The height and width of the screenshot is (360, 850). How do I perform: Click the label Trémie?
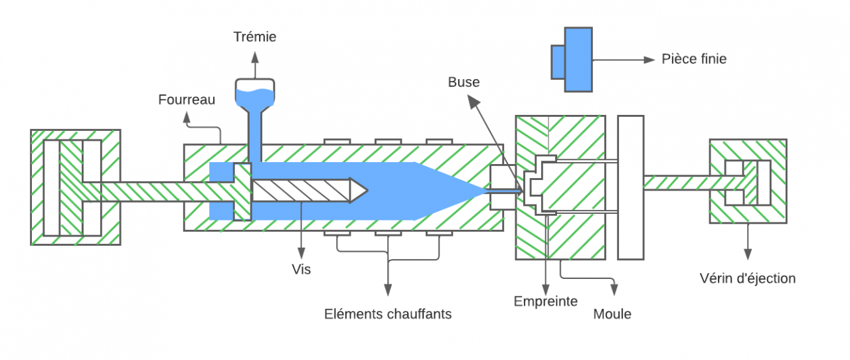point(255,37)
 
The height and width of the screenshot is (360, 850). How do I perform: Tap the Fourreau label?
point(187,100)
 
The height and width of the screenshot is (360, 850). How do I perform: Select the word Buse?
point(464,82)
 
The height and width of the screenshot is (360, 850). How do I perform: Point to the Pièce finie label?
point(694,59)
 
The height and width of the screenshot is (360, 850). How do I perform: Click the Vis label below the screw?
point(301,270)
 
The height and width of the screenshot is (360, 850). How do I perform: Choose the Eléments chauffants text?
point(388,314)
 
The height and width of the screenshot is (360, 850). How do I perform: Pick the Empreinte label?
point(546,301)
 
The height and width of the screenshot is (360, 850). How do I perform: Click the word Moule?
point(612,314)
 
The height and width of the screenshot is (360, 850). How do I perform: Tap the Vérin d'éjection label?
point(748,278)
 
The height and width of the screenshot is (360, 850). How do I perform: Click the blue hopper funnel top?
point(256,94)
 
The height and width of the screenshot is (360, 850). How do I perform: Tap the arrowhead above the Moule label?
point(614,290)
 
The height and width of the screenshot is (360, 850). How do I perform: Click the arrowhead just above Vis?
point(301,253)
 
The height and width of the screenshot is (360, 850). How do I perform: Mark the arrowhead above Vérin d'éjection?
point(748,254)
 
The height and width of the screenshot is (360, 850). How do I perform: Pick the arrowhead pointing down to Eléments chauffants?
point(388,290)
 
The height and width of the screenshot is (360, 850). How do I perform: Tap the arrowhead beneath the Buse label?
point(471,101)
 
